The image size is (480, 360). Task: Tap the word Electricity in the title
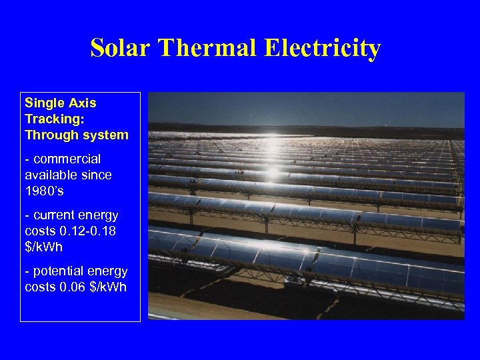click(x=322, y=48)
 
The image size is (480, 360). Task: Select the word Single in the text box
click(x=43, y=103)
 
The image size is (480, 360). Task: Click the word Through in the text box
click(x=49, y=135)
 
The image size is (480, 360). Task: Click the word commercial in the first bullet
click(x=67, y=159)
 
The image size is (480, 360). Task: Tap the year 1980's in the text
click(x=44, y=191)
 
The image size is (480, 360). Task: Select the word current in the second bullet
click(x=56, y=215)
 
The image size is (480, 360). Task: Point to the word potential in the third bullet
click(x=59, y=271)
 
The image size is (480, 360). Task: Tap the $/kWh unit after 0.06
click(x=108, y=287)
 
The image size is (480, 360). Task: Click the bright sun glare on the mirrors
click(x=273, y=175)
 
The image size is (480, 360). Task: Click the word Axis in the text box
click(x=84, y=103)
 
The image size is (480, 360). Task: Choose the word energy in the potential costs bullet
click(x=109, y=271)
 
